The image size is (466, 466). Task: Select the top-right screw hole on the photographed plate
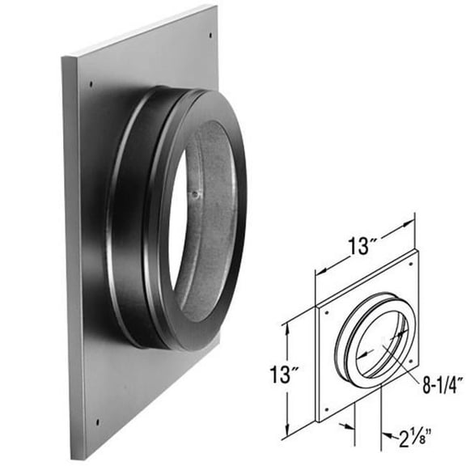[x=211, y=35]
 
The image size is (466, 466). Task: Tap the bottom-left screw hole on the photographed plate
[x=97, y=421]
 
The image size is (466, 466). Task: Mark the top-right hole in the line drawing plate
[x=412, y=263]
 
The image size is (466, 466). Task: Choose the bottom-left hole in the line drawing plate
[x=325, y=413]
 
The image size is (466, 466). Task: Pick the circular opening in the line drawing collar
[x=380, y=344]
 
